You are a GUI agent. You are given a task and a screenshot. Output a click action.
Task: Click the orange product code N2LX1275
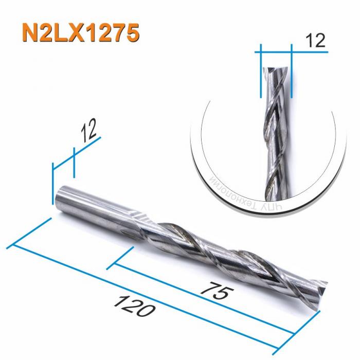click(80, 31)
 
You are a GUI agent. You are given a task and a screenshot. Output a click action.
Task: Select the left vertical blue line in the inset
click(261, 72)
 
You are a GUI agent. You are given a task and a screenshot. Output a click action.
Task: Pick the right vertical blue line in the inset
click(291, 72)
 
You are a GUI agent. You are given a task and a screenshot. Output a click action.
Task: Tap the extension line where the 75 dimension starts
click(121, 257)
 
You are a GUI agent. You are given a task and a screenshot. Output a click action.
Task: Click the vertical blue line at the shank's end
click(53, 183)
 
